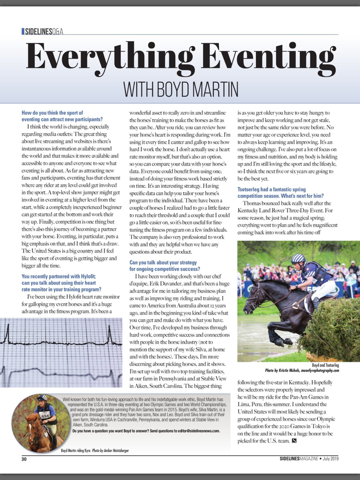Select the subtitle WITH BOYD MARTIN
181,89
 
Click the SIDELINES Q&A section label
43,31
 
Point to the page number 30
24,458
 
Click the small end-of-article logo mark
294,440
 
